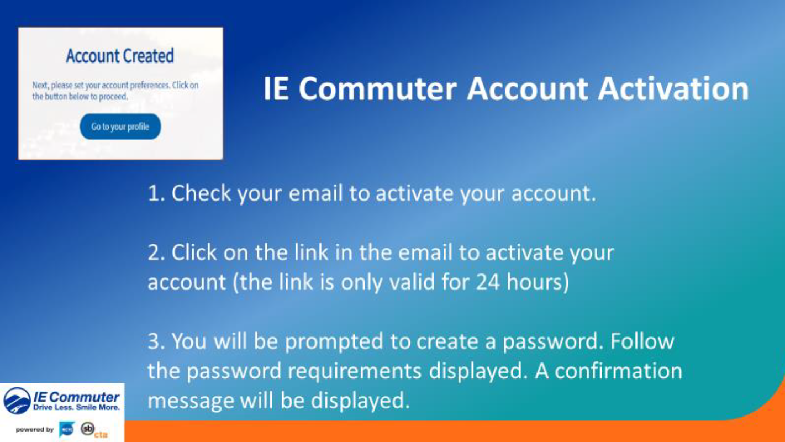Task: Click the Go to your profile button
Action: click(x=120, y=127)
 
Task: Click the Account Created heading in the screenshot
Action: click(x=120, y=56)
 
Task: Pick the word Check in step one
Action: click(x=202, y=193)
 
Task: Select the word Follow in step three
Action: click(x=642, y=341)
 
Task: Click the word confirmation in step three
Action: click(x=618, y=371)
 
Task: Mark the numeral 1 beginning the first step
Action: click(x=153, y=193)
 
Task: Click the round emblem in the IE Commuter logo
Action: click(x=17, y=401)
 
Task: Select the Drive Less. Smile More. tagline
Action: click(x=76, y=408)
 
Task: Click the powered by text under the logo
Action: click(x=35, y=429)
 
